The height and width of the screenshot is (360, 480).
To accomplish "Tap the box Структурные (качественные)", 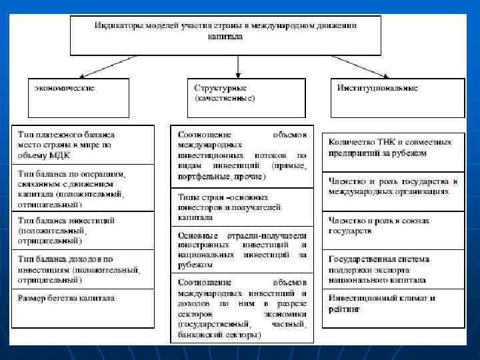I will click(x=247, y=97).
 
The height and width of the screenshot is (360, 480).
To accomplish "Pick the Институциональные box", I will click(x=397, y=97).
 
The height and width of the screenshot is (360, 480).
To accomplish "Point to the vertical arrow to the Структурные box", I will click(x=239, y=65).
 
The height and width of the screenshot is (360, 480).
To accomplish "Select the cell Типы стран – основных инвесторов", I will click(x=241, y=207).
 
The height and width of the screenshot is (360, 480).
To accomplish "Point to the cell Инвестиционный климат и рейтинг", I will click(x=393, y=304).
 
